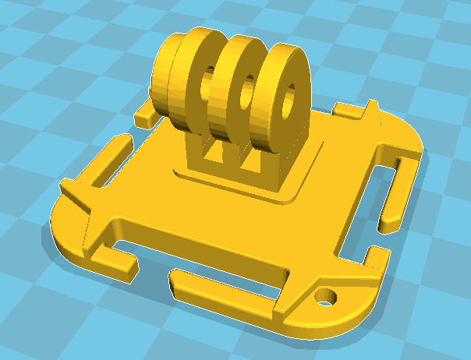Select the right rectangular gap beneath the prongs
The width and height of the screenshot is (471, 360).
click(250, 163)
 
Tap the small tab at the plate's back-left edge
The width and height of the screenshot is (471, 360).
click(147, 117)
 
